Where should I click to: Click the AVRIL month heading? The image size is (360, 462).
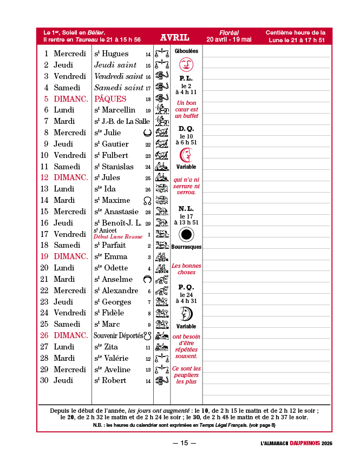click(x=174, y=37)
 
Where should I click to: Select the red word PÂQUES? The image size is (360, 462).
click(x=110, y=99)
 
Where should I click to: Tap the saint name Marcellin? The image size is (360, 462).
click(x=119, y=110)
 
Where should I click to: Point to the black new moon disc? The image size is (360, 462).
click(x=186, y=234)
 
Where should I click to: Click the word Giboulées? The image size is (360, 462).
click(x=186, y=51)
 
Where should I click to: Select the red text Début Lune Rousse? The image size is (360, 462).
click(x=118, y=237)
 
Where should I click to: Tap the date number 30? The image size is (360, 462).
click(x=44, y=380)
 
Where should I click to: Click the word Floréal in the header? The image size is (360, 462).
click(x=229, y=33)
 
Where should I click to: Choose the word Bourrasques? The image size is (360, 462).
click(x=186, y=247)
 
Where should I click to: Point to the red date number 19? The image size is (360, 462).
click(x=44, y=256)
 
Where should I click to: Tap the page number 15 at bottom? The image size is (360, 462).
click(x=184, y=443)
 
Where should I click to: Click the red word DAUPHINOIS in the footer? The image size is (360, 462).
click(x=304, y=444)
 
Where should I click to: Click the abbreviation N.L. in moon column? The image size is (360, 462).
click(x=186, y=208)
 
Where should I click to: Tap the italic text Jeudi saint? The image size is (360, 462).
click(x=115, y=65)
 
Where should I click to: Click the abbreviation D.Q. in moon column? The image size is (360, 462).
click(x=186, y=129)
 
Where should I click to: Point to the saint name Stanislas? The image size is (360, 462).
click(x=118, y=167)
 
